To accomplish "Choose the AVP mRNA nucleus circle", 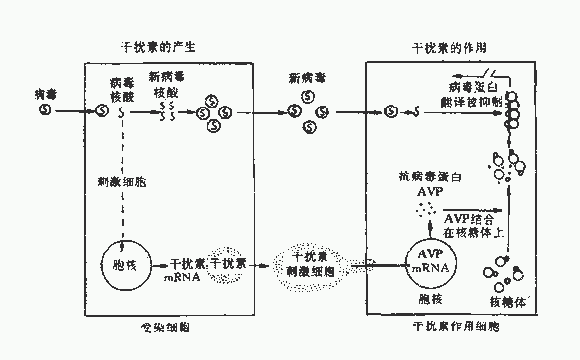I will click(x=424, y=263).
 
